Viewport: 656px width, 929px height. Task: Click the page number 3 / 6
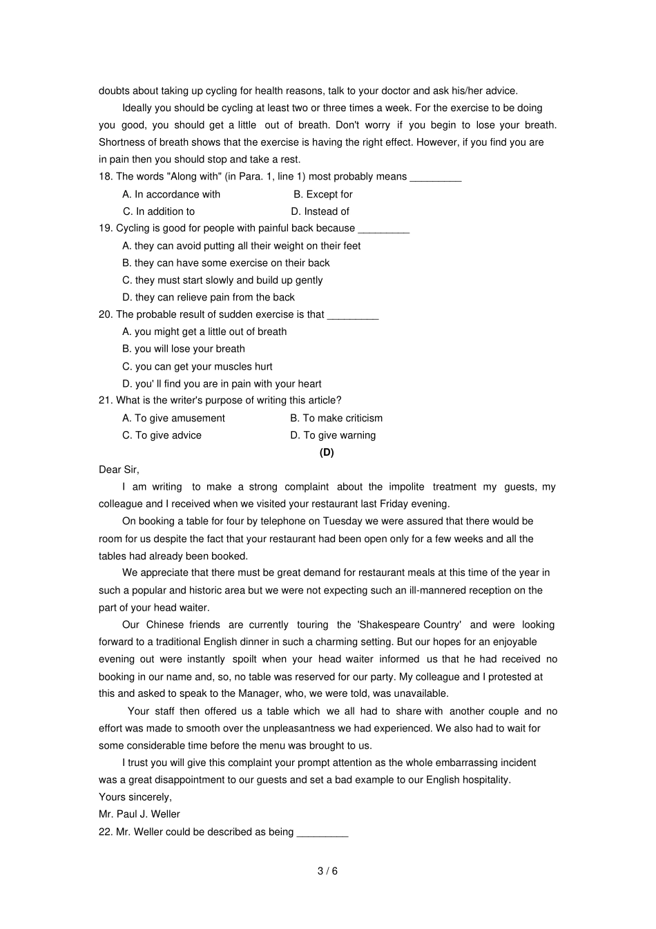327,871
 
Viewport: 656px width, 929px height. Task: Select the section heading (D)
327,452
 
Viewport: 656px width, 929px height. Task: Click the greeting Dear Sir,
119,470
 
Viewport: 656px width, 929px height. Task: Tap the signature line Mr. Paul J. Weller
139,814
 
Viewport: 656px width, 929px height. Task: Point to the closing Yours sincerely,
135,797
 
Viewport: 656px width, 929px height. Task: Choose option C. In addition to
159,211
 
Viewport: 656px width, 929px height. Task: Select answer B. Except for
322,194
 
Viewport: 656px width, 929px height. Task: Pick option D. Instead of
320,211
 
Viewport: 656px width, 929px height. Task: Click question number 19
106,228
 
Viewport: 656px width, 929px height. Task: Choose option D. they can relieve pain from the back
209,297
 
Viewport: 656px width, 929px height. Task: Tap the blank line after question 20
353,315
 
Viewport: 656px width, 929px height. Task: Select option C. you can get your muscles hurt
197,366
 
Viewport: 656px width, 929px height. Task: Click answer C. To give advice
162,435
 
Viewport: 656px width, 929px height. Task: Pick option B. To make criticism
336,418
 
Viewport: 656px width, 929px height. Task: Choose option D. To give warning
333,435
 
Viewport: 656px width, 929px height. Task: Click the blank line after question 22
322,832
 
